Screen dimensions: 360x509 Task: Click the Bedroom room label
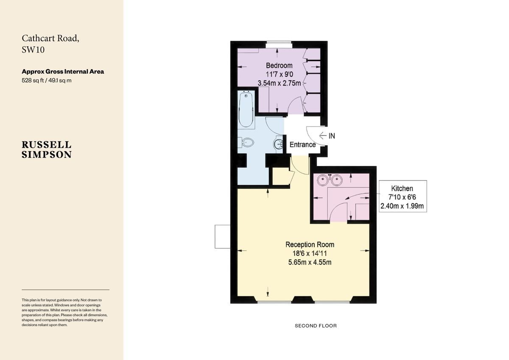279,65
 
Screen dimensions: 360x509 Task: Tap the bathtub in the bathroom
246,110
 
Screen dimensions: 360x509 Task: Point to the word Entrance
302,144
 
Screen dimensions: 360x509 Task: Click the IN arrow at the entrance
327,136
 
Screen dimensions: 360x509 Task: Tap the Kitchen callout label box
402,197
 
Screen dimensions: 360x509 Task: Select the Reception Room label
310,245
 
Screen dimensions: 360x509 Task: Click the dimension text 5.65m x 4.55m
310,262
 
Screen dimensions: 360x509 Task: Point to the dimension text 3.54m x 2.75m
279,83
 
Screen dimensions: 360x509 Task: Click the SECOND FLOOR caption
316,326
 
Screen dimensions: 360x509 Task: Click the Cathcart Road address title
50,44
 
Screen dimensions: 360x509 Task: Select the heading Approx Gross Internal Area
63,71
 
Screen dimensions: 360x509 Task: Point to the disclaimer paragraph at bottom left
64,312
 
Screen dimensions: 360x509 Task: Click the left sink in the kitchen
324,180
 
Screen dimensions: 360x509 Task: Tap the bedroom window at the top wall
278,43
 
